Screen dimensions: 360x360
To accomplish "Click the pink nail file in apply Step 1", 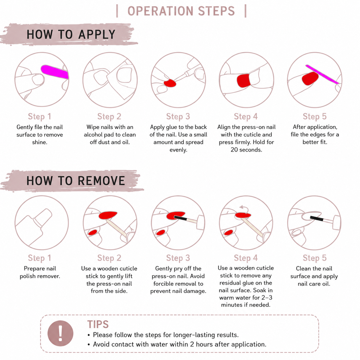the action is [55, 72].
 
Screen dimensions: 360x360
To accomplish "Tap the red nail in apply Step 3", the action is [169, 83].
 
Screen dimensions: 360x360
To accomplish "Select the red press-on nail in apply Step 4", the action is [243, 81].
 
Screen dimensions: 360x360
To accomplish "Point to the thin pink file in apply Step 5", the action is [322, 74].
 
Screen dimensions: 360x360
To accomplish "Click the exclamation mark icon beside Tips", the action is [60, 333].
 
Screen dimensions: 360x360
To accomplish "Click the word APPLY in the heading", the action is [97, 34].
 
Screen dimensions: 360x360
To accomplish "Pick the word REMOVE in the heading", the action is [101, 181].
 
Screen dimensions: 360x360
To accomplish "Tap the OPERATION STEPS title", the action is [181, 11].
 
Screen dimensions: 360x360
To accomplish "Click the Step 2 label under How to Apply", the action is [109, 116].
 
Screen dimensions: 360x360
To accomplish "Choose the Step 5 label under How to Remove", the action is [315, 258].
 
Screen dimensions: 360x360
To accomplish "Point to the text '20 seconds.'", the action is [246, 150].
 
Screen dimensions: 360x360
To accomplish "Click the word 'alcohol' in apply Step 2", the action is [93, 135].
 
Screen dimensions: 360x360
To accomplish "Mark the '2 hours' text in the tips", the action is [201, 344].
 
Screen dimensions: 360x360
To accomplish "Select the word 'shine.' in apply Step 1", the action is [40, 142].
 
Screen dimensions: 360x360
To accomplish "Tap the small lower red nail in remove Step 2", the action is [92, 232].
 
